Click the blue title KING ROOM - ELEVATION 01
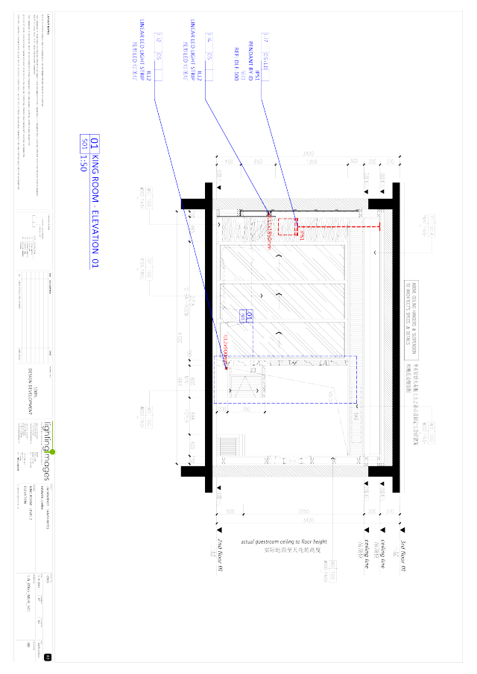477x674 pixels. pos(94,201)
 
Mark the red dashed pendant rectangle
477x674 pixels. pos(300,233)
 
